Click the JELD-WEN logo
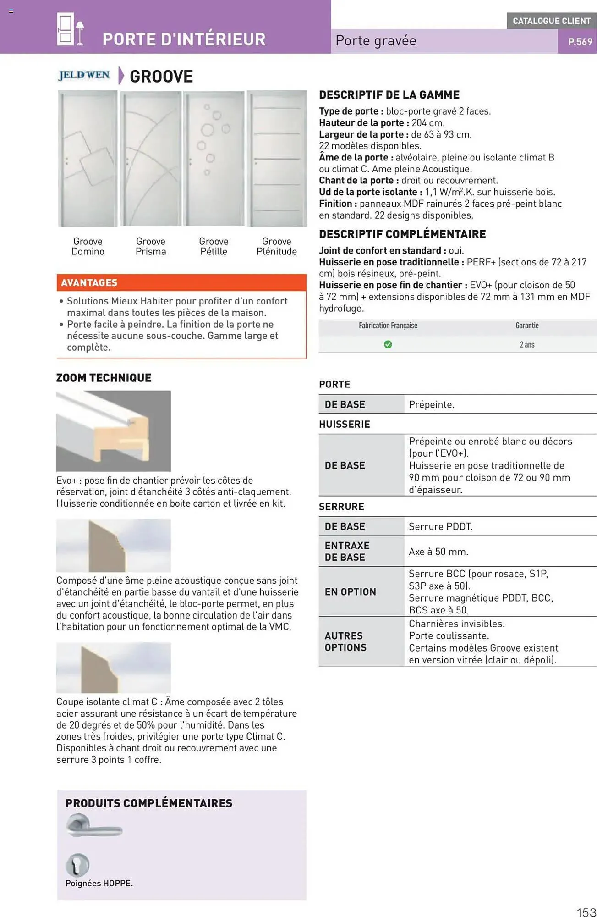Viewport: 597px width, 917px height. pos(84,75)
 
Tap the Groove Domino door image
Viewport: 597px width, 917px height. pos(88,159)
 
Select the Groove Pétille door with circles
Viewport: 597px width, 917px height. pos(214,159)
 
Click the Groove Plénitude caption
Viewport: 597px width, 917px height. pos(276,246)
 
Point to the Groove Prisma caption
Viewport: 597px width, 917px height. pos(150,246)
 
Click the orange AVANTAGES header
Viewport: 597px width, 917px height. pos(181,282)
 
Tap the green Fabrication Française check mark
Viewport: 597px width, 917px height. pos(388,344)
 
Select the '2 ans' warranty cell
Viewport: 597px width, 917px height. pos(527,344)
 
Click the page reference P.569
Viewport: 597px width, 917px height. pos(580,42)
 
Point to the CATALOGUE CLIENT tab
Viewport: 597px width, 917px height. pos(551,21)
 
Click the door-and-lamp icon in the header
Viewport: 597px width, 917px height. pos(70,29)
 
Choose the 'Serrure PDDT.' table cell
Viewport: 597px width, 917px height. pos(440,526)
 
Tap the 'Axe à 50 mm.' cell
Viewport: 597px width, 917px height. pos(438,552)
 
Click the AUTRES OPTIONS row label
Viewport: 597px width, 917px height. pos(345,641)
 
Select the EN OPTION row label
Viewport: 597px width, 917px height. pos(350,592)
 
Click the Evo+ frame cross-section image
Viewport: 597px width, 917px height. pos(113,431)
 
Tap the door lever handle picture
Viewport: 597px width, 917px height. pos(94,826)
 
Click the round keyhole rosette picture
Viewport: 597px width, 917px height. pos(77,864)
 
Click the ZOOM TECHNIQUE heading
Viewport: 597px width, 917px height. pos(104,378)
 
